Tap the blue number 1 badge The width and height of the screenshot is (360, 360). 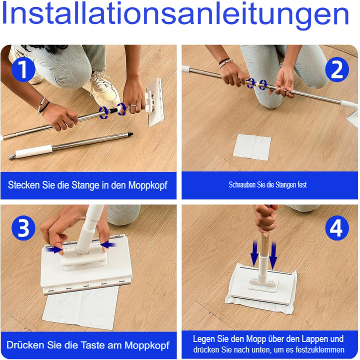point(22,69)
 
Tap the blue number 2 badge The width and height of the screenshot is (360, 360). point(337,69)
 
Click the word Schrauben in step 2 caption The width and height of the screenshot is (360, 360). point(242,185)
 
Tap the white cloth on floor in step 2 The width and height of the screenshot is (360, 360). point(252,147)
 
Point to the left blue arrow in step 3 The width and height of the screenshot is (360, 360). point(53,247)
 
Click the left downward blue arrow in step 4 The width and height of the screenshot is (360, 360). point(254,252)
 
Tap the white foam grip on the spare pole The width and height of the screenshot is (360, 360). point(34,151)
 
